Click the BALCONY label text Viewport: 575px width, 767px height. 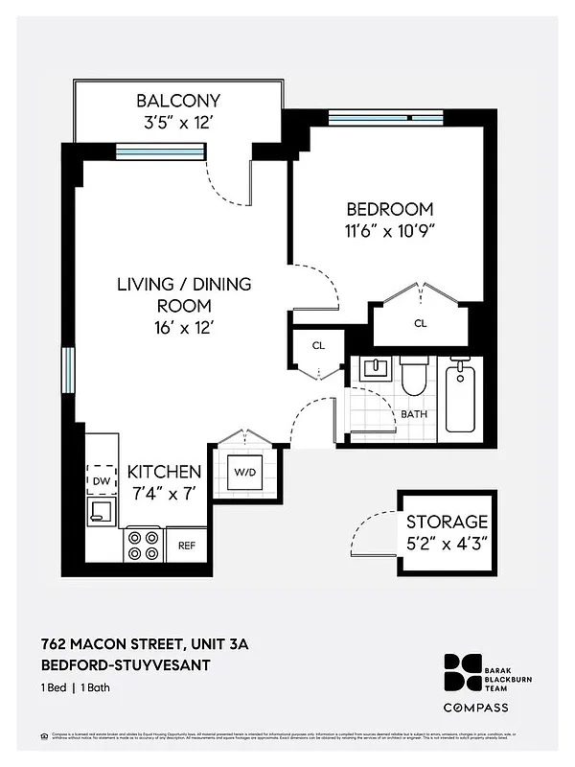[x=178, y=101]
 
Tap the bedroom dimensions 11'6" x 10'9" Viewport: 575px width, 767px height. [x=390, y=230]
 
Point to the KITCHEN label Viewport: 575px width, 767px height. [x=165, y=472]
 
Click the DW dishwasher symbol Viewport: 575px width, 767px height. [x=102, y=479]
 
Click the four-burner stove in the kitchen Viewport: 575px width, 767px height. [x=143, y=545]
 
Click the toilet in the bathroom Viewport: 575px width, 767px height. [x=414, y=376]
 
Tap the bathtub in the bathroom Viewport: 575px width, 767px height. [x=460, y=399]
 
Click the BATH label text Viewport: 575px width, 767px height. [x=414, y=414]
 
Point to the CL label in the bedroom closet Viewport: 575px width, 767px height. [x=420, y=324]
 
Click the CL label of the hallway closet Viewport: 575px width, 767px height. [x=317, y=346]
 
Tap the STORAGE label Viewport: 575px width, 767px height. [x=447, y=523]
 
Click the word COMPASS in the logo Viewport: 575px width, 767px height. [x=475, y=708]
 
